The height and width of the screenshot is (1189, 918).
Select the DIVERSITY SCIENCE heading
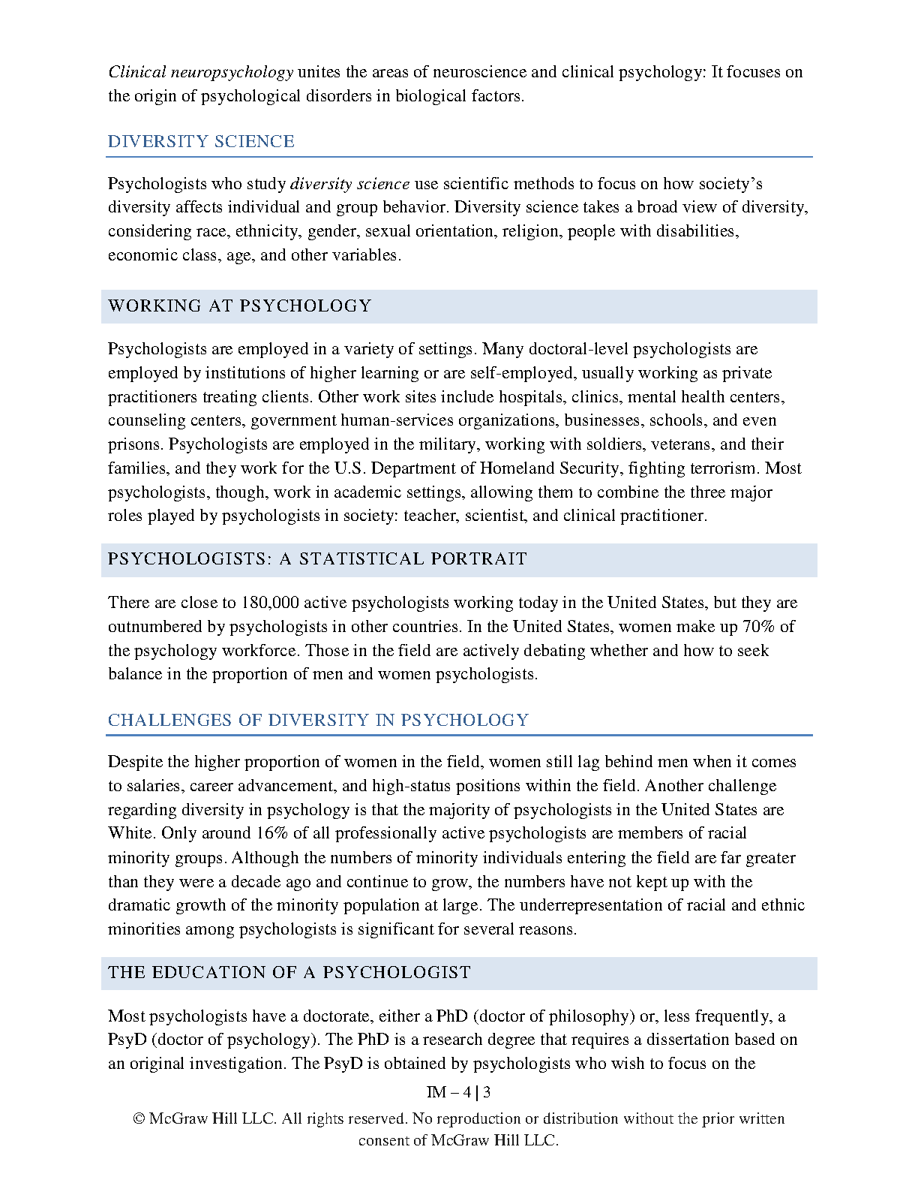point(201,141)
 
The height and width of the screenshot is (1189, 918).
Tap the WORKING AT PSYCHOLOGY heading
point(240,306)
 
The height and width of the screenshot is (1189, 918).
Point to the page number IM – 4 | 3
point(458,1092)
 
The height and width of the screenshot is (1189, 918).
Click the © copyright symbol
point(139,1119)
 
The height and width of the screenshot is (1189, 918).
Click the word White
point(130,833)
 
